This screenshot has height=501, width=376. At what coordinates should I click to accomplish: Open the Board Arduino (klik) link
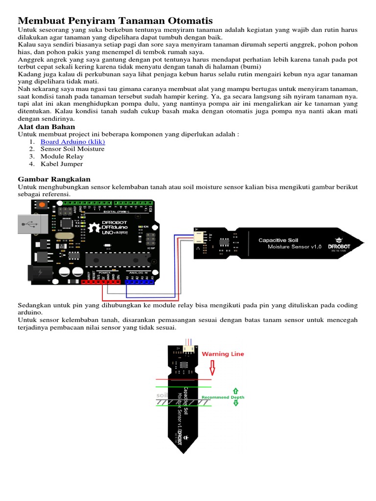tap(72, 142)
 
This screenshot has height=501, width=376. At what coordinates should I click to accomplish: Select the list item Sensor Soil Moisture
tap(72, 149)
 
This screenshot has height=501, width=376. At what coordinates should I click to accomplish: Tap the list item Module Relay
tap(62, 157)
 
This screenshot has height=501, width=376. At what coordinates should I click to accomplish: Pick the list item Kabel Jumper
tap(62, 164)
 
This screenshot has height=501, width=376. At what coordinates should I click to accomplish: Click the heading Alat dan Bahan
tap(47, 127)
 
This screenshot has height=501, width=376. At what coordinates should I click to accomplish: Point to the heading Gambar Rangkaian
tap(54, 179)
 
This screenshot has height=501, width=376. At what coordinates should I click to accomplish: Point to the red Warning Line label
tap(223, 354)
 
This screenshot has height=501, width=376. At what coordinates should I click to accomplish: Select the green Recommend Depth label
tap(223, 398)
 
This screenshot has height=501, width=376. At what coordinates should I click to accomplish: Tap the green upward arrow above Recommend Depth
tap(235, 391)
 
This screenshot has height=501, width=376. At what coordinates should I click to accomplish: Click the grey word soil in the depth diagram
tap(162, 395)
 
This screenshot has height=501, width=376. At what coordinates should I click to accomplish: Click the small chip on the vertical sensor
tap(183, 364)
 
